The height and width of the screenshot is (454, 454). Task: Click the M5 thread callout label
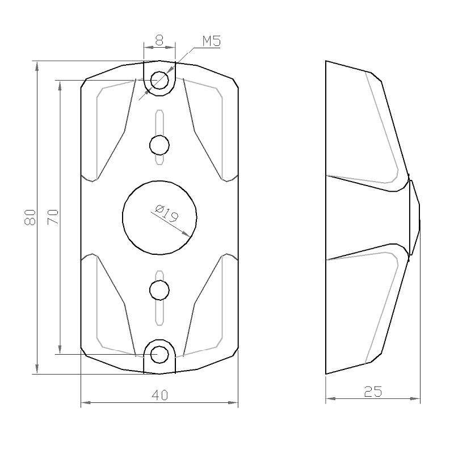click(x=211, y=41)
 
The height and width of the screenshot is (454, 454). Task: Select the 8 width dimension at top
click(x=159, y=40)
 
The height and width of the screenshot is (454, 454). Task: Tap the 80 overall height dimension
click(x=30, y=217)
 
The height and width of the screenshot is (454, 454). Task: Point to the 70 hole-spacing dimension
click(x=53, y=217)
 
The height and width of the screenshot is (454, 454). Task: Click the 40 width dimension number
click(x=159, y=395)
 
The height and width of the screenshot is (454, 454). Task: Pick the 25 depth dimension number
click(x=373, y=392)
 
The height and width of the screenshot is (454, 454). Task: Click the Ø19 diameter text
click(x=167, y=213)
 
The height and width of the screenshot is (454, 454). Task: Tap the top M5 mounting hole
click(x=159, y=80)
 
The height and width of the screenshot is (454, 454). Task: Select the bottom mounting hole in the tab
click(x=159, y=354)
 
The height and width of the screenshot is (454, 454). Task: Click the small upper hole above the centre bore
click(x=159, y=145)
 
